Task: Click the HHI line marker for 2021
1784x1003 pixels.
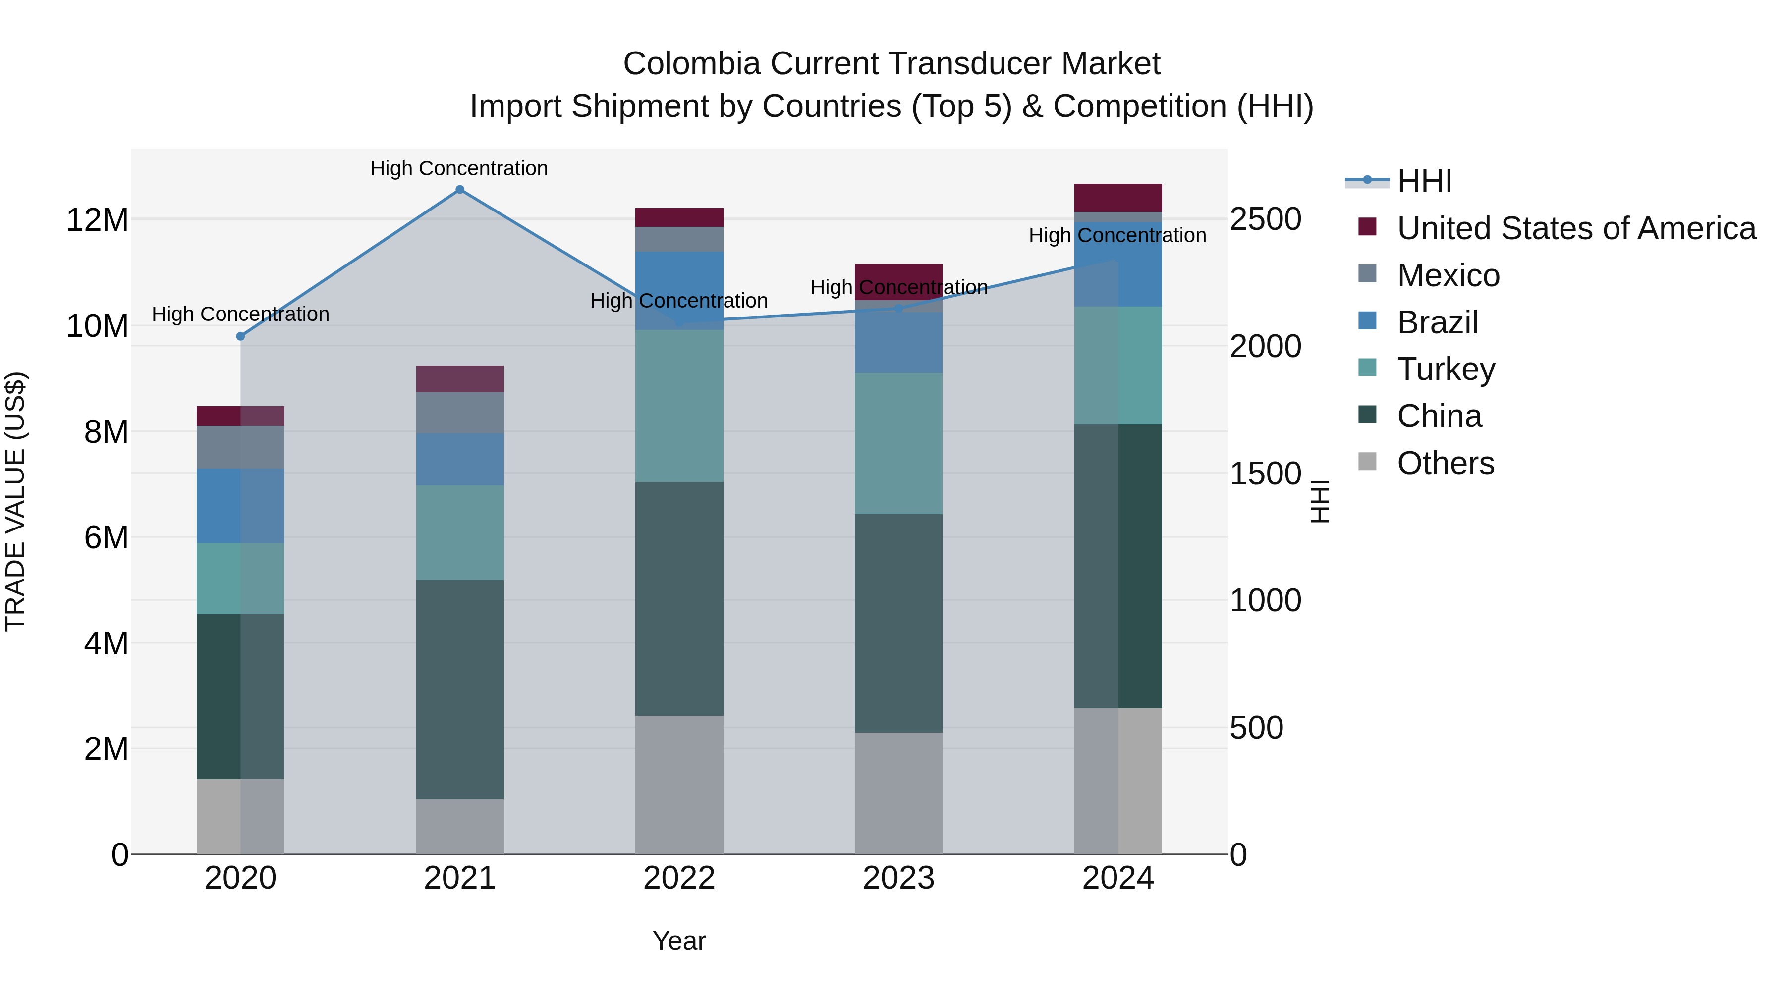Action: (460, 190)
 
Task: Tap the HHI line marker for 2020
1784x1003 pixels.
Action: (240, 336)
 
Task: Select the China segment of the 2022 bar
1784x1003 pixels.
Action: (679, 599)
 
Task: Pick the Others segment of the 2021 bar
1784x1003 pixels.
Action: (460, 827)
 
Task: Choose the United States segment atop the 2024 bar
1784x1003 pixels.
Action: (1118, 198)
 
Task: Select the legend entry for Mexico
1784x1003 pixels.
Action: (1448, 275)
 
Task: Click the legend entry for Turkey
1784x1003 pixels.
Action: (1446, 369)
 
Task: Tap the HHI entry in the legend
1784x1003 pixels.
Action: (1424, 181)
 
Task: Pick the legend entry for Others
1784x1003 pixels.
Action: (1446, 463)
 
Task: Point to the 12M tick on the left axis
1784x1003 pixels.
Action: (97, 220)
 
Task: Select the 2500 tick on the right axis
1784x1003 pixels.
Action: (1265, 219)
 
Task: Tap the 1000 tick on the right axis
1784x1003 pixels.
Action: (1265, 600)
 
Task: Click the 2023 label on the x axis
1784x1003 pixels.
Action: (898, 878)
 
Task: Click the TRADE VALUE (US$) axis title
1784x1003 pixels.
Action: (15, 501)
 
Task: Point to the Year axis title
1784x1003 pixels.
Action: (679, 941)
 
